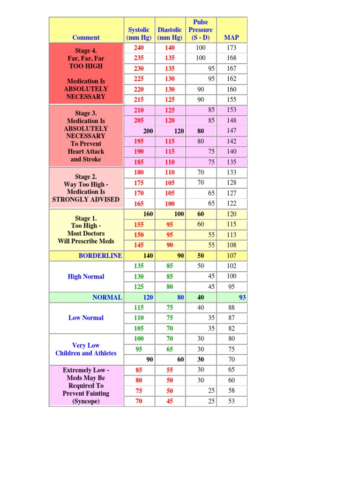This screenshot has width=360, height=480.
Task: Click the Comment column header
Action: pyautogui.click(x=86, y=37)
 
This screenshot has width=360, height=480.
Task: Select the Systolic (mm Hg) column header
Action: pyautogui.click(x=139, y=34)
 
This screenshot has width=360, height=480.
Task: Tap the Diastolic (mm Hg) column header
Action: pyautogui.click(x=170, y=34)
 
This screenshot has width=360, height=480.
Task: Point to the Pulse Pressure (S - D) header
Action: pyautogui.click(x=201, y=30)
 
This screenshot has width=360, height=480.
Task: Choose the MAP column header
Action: pyautogui.click(x=232, y=37)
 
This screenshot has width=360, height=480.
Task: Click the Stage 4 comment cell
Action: pyautogui.click(x=86, y=74)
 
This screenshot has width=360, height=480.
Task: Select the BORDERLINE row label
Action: pyautogui.click(x=100, y=255)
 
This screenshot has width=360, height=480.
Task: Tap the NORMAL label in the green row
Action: pyautogui.click(x=107, y=297)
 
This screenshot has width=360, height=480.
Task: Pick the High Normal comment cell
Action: pyautogui.click(x=86, y=277)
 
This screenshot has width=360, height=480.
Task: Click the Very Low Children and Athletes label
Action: pyautogui.click(x=86, y=349)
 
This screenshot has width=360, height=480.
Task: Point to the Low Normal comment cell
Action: pyautogui.click(x=86, y=318)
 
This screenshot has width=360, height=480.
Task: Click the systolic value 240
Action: pyautogui.click(x=139, y=48)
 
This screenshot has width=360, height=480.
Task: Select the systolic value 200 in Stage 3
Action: pyautogui.click(x=148, y=131)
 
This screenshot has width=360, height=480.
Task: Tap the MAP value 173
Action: pyautogui.click(x=232, y=48)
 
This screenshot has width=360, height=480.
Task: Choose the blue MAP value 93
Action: pyautogui.click(x=242, y=297)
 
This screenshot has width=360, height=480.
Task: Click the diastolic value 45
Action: pyautogui.click(x=170, y=401)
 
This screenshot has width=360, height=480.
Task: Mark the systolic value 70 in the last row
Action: pyautogui.click(x=139, y=401)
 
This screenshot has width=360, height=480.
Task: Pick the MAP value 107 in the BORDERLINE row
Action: pyautogui.click(x=232, y=256)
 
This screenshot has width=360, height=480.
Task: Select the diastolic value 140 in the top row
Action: pyautogui.click(x=170, y=48)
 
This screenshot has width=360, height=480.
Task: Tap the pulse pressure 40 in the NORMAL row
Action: pyautogui.click(x=201, y=297)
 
